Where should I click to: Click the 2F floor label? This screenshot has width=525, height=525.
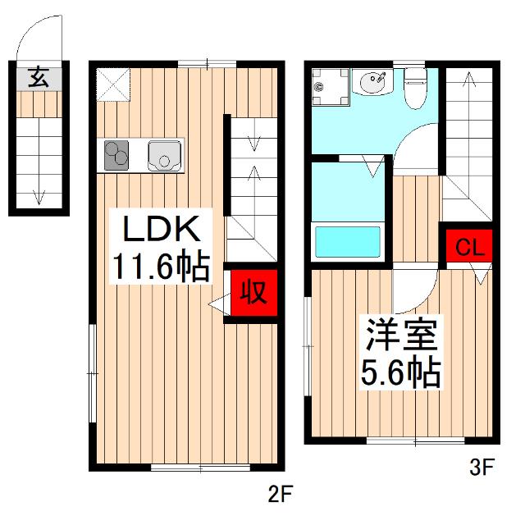click(279, 495)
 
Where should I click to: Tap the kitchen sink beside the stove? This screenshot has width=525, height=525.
click(164, 155)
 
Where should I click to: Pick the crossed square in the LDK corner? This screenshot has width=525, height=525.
click(109, 82)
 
